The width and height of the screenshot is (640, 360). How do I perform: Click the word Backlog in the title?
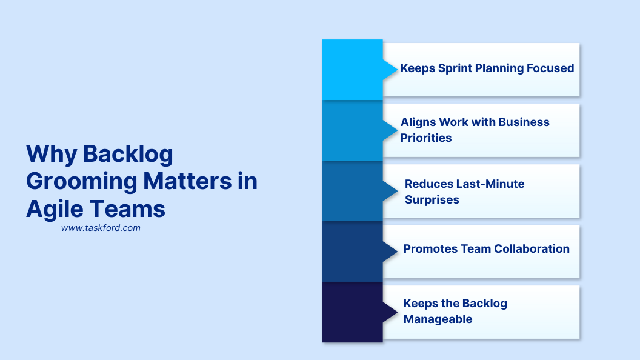point(128,155)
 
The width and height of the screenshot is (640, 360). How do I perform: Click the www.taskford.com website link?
point(101,228)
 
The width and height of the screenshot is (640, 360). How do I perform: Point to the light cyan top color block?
point(352,69)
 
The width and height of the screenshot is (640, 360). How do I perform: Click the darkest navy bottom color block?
point(352,312)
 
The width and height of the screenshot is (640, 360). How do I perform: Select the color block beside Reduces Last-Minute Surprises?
point(352,191)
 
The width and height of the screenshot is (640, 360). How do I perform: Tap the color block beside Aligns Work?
point(352,130)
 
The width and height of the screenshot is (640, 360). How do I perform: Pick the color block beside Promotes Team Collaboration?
point(352,252)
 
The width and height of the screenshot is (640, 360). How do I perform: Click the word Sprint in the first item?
point(456,68)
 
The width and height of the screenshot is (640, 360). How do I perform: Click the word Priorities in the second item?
point(426,138)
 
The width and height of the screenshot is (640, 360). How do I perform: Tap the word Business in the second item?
point(522,122)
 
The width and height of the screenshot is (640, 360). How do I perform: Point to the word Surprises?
point(432,199)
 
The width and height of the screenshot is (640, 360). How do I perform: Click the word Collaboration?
point(532,248)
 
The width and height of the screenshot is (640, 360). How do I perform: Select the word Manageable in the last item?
point(438,319)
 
